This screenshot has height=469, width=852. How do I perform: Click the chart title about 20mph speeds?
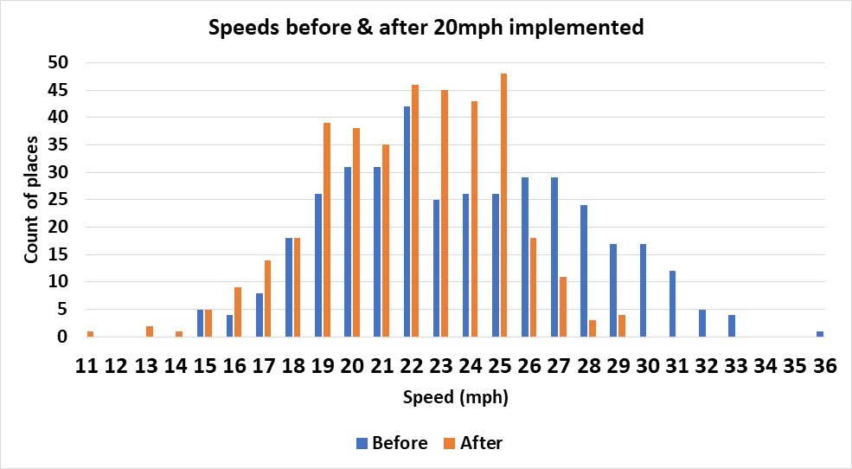(426, 27)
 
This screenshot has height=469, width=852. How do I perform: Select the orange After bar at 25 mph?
(503, 205)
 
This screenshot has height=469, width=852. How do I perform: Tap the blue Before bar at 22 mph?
(407, 222)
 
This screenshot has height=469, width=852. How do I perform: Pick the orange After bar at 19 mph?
(326, 229)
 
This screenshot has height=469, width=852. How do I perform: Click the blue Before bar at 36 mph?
(820, 334)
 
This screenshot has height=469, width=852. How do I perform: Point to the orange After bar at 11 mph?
(90, 334)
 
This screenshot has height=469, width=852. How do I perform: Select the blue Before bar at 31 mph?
(672, 304)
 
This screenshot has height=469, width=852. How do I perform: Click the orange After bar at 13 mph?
(149, 331)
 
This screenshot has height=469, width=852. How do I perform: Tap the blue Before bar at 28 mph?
(584, 271)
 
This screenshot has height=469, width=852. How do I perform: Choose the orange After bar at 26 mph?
(533, 287)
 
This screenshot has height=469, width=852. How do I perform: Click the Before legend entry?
(391, 443)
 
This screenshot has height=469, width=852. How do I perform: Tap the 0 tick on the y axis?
(62, 337)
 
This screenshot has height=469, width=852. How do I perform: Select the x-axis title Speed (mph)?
(455, 399)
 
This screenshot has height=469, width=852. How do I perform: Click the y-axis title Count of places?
(31, 200)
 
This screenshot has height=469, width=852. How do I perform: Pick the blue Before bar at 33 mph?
(731, 326)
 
